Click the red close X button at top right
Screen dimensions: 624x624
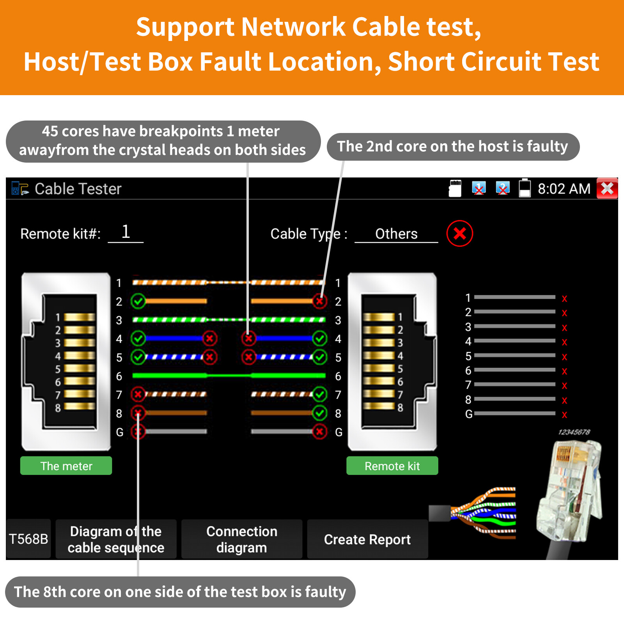(x=607, y=189)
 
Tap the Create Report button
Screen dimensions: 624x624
(x=367, y=539)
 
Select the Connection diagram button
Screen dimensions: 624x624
(x=241, y=539)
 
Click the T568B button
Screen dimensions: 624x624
(x=28, y=539)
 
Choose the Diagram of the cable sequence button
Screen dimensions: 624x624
(x=116, y=539)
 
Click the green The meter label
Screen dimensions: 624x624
(x=66, y=466)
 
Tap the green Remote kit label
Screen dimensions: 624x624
(x=392, y=466)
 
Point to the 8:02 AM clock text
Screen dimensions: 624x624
(x=564, y=189)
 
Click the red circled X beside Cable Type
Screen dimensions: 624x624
(x=460, y=234)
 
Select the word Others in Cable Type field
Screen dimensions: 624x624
(x=396, y=234)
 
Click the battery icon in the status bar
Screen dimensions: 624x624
(x=525, y=188)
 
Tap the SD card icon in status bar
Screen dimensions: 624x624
(x=455, y=188)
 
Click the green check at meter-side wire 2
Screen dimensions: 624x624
(x=138, y=301)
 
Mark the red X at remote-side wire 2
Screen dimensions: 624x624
(x=319, y=301)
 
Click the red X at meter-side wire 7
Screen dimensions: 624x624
(x=138, y=394)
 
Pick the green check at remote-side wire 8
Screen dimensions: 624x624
(x=319, y=413)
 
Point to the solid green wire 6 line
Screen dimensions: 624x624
(x=229, y=376)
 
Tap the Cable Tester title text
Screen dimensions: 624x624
(x=78, y=189)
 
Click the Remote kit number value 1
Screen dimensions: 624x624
(x=126, y=232)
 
